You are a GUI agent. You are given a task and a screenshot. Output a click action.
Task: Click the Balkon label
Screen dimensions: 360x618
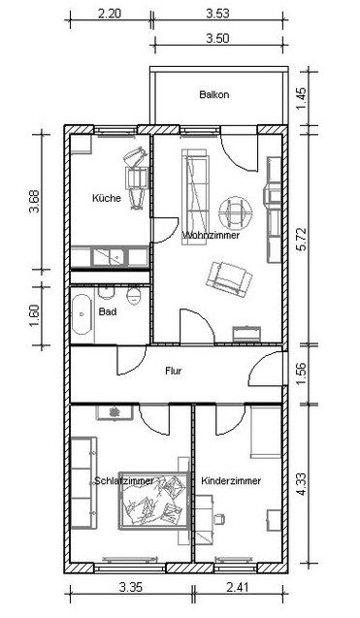pos(214,95)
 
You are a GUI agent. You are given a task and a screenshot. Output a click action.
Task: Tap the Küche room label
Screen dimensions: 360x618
pos(107,198)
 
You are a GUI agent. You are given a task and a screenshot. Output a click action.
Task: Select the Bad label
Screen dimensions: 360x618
pos(108,312)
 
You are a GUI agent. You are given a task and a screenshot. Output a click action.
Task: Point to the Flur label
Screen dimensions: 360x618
pos(174,371)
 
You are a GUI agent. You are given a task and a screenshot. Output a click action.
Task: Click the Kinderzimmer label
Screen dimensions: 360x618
pos(231,481)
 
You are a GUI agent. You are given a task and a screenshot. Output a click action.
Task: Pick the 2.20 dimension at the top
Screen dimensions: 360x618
pos(110,14)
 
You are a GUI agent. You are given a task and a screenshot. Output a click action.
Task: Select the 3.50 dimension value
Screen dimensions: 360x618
pos(217,39)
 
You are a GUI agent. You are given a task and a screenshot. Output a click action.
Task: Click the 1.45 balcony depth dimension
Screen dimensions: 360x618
pos(301,99)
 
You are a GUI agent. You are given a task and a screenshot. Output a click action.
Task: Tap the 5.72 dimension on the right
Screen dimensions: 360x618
pos(302,240)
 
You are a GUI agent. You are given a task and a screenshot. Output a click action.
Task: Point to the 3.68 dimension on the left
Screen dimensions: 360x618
pos(35,202)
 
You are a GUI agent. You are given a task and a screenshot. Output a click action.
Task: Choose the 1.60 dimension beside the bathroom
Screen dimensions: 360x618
pos(35,315)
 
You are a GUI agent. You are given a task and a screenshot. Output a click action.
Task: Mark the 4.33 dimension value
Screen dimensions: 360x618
pos(302,484)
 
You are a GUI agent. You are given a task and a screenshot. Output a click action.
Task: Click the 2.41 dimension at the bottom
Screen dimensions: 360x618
pos(238,588)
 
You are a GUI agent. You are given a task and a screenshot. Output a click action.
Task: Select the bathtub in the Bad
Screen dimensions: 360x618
pos(82,315)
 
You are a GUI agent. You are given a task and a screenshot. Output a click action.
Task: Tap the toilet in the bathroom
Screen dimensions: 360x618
pos(134,296)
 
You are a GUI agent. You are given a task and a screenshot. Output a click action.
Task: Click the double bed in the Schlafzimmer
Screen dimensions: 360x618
pos(153,500)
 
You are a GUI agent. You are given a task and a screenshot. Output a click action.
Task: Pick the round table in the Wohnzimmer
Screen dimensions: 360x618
pos(236,212)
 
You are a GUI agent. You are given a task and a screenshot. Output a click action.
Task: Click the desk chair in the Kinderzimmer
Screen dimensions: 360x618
pos(218,519)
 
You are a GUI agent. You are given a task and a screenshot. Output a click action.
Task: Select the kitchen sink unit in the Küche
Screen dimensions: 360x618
pos(110,257)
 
